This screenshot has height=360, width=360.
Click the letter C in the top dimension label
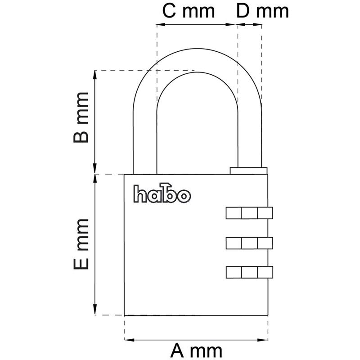(x=169, y=11)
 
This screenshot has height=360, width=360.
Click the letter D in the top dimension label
(x=243, y=11)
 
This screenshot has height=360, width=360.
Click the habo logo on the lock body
(x=162, y=193)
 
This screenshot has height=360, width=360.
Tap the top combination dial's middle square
(x=249, y=213)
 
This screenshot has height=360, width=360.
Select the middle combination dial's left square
(x=234, y=243)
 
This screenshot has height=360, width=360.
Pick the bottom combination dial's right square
(x=265, y=272)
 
